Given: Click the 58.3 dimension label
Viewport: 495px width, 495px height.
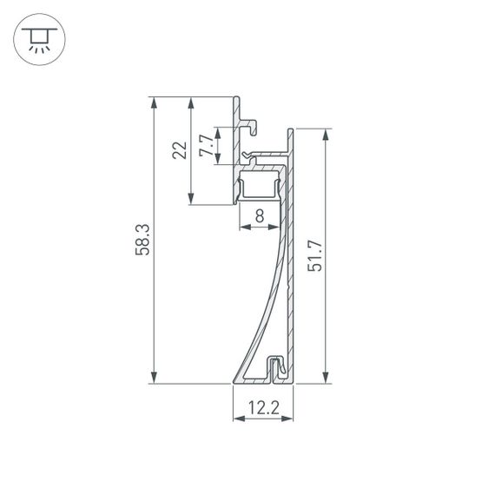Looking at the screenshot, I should [143, 240].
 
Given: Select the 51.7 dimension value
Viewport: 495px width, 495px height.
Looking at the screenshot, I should [315, 255].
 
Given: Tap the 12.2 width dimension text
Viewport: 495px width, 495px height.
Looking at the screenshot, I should [262, 407].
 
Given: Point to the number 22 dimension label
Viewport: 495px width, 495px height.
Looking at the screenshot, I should [180, 150].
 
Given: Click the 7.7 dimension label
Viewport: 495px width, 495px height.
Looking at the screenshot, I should [205, 145].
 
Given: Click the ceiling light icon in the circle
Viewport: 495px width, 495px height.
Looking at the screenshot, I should [38, 38].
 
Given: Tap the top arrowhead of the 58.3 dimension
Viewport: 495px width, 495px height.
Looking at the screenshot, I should [154, 102].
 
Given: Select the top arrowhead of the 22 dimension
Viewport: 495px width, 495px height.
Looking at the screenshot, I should [191, 102].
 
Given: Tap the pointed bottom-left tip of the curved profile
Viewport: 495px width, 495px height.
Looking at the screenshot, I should [234, 380].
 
